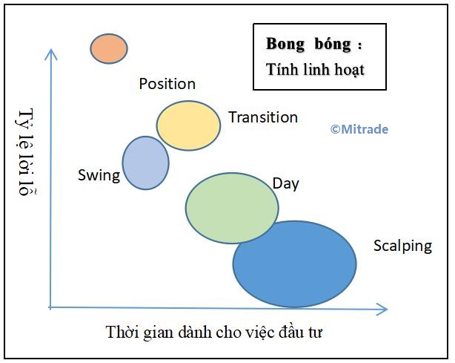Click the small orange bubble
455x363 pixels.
coord(109,48)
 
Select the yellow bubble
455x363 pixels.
coord(189,125)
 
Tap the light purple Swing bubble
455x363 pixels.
coord(146,163)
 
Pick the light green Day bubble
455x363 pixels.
coord(232,208)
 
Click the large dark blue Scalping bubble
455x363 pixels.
coord(294,264)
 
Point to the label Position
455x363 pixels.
coord(167,84)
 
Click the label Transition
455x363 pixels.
coord(263,117)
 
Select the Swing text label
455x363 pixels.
coord(99,176)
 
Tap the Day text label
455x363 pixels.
coord(286,184)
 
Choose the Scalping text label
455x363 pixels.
coord(403,246)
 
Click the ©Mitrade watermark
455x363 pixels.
coord(359,129)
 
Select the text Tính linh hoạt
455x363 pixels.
coord(315,70)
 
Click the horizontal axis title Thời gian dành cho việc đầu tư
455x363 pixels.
coord(214,332)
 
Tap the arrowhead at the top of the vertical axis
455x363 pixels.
coord(51,50)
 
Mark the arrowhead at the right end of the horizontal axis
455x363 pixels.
coord(387,309)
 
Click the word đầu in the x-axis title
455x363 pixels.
coord(291,332)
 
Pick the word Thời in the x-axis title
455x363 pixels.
coord(122,332)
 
